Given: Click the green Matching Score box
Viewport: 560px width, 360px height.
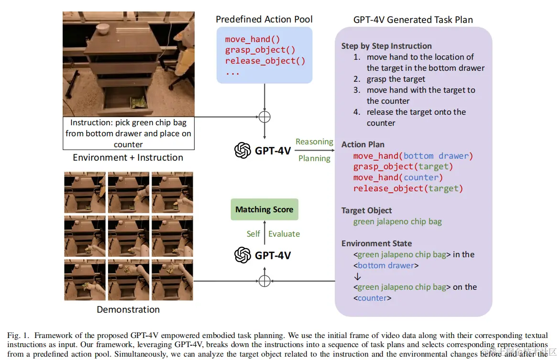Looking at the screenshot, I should click(264, 209).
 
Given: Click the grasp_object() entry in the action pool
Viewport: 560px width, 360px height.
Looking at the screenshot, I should click(260, 50).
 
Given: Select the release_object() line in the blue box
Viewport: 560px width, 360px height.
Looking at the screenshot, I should click(265, 61).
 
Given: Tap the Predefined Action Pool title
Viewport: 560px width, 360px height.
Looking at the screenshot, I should click(264, 19).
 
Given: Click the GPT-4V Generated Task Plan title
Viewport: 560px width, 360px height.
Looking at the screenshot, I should click(413, 20).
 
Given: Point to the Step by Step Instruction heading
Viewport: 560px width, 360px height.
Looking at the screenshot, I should click(386, 46).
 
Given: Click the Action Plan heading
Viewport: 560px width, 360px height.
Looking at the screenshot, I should click(362, 144).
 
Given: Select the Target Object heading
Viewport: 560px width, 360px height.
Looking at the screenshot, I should click(366, 210).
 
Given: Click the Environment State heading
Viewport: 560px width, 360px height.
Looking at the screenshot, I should click(376, 243).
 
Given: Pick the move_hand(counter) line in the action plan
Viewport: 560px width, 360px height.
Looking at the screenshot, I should click(398, 177).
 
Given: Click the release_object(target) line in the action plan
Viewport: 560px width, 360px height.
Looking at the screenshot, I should click(408, 188).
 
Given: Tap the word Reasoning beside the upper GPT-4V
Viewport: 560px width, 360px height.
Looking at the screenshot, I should click(314, 142).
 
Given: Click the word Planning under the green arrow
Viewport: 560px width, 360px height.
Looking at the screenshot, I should click(314, 158).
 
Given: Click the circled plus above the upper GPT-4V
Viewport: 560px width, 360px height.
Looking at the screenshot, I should click(264, 117).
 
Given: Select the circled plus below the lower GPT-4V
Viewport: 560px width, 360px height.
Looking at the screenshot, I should click(264, 281).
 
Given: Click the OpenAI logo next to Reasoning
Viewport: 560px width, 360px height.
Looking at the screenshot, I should click(243, 151).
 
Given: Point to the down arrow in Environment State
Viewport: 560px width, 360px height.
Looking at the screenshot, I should click(357, 277).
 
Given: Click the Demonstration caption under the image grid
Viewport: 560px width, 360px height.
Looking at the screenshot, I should click(128, 309).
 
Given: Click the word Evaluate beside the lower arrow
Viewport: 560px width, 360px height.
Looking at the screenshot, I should click(284, 234).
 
